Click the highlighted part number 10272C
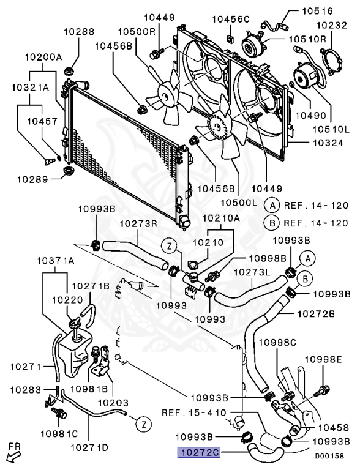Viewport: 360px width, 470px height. [x=198, y=452]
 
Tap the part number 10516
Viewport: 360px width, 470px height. [x=317, y=11]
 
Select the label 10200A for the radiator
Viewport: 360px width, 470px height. [x=43, y=57]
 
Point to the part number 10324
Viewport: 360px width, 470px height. [x=328, y=143]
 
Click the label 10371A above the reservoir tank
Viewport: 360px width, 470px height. [x=56, y=261]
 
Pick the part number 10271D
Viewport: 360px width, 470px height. [x=89, y=447]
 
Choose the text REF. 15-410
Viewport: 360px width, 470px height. [x=194, y=412]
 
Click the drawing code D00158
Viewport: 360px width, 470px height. [x=329, y=456]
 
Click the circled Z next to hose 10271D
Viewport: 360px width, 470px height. [x=144, y=425]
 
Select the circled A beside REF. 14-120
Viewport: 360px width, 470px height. [x=272, y=206]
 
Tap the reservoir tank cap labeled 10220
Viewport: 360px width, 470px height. [x=75, y=324]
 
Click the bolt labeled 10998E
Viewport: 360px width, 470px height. [x=321, y=391]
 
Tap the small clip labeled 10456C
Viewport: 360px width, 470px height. [x=231, y=39]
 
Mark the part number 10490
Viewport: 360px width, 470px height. [x=310, y=115]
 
